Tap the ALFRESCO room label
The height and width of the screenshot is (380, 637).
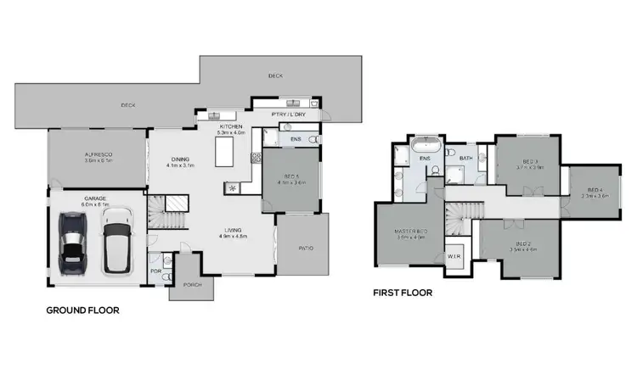pos(99,154)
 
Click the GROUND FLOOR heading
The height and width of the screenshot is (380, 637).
pos(82,310)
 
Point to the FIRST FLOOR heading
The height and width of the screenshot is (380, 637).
pos(403,293)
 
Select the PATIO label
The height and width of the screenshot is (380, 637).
pos(306,249)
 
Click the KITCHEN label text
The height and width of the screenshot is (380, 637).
pos(231,126)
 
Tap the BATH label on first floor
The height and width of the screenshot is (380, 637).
pos(466,159)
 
